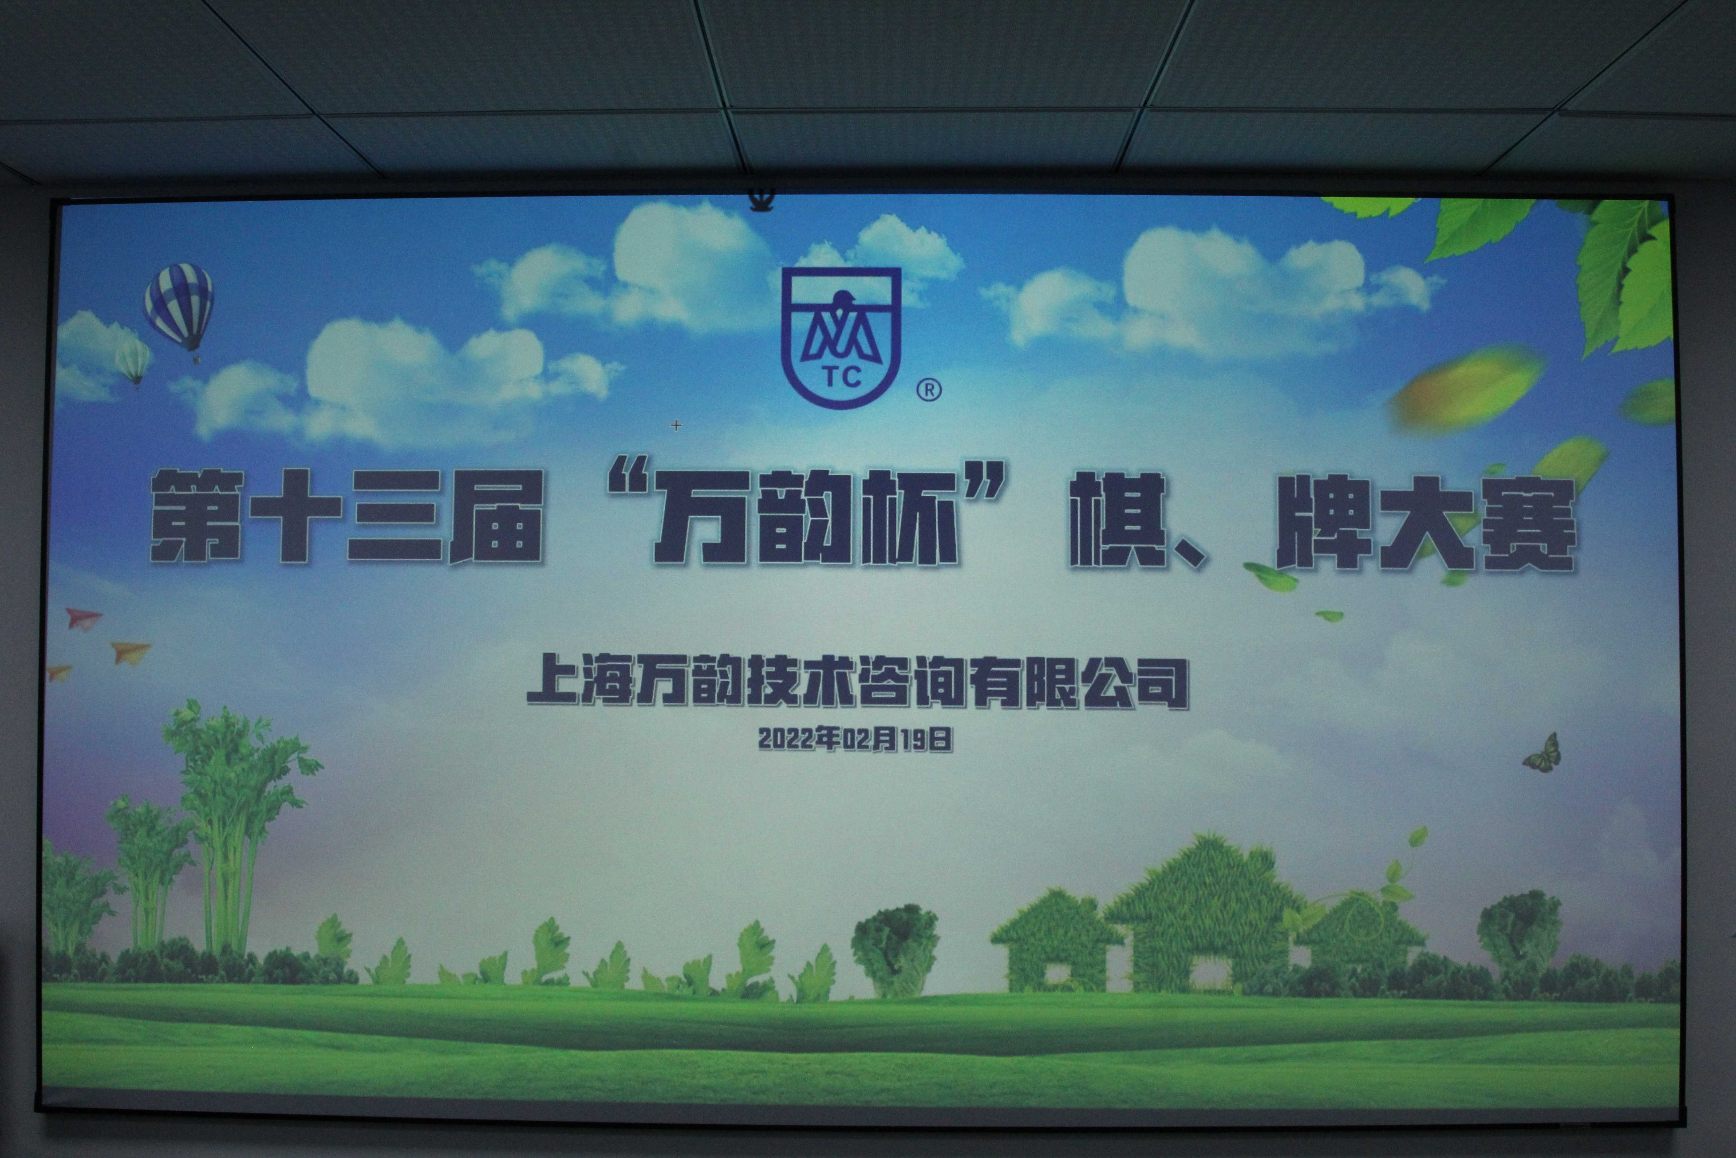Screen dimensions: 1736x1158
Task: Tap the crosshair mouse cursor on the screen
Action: pyautogui.click(x=676, y=426)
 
